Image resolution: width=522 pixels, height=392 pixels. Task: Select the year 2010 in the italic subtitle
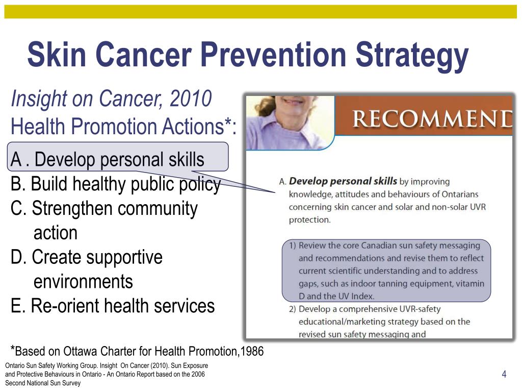click(x=191, y=99)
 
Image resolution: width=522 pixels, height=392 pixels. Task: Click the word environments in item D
click(x=83, y=281)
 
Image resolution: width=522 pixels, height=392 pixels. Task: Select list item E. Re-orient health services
click(x=113, y=306)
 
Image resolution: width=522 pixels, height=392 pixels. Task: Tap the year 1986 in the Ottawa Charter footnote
click(x=252, y=351)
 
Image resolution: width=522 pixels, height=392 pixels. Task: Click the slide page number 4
click(x=504, y=375)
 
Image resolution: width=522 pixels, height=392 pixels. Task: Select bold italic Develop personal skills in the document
click(x=343, y=181)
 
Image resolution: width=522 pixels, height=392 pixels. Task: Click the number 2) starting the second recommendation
click(x=293, y=309)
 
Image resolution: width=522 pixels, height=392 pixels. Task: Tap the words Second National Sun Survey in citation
click(x=43, y=383)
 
